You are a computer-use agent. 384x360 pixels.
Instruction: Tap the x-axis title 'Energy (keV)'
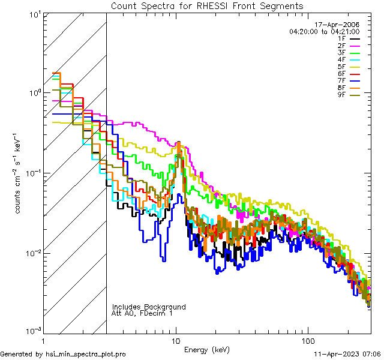pyautogui.click(x=207, y=349)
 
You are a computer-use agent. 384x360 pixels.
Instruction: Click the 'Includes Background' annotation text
pyautogui.click(x=149, y=307)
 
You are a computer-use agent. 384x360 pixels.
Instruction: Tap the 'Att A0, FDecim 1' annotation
pyautogui.click(x=142, y=313)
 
